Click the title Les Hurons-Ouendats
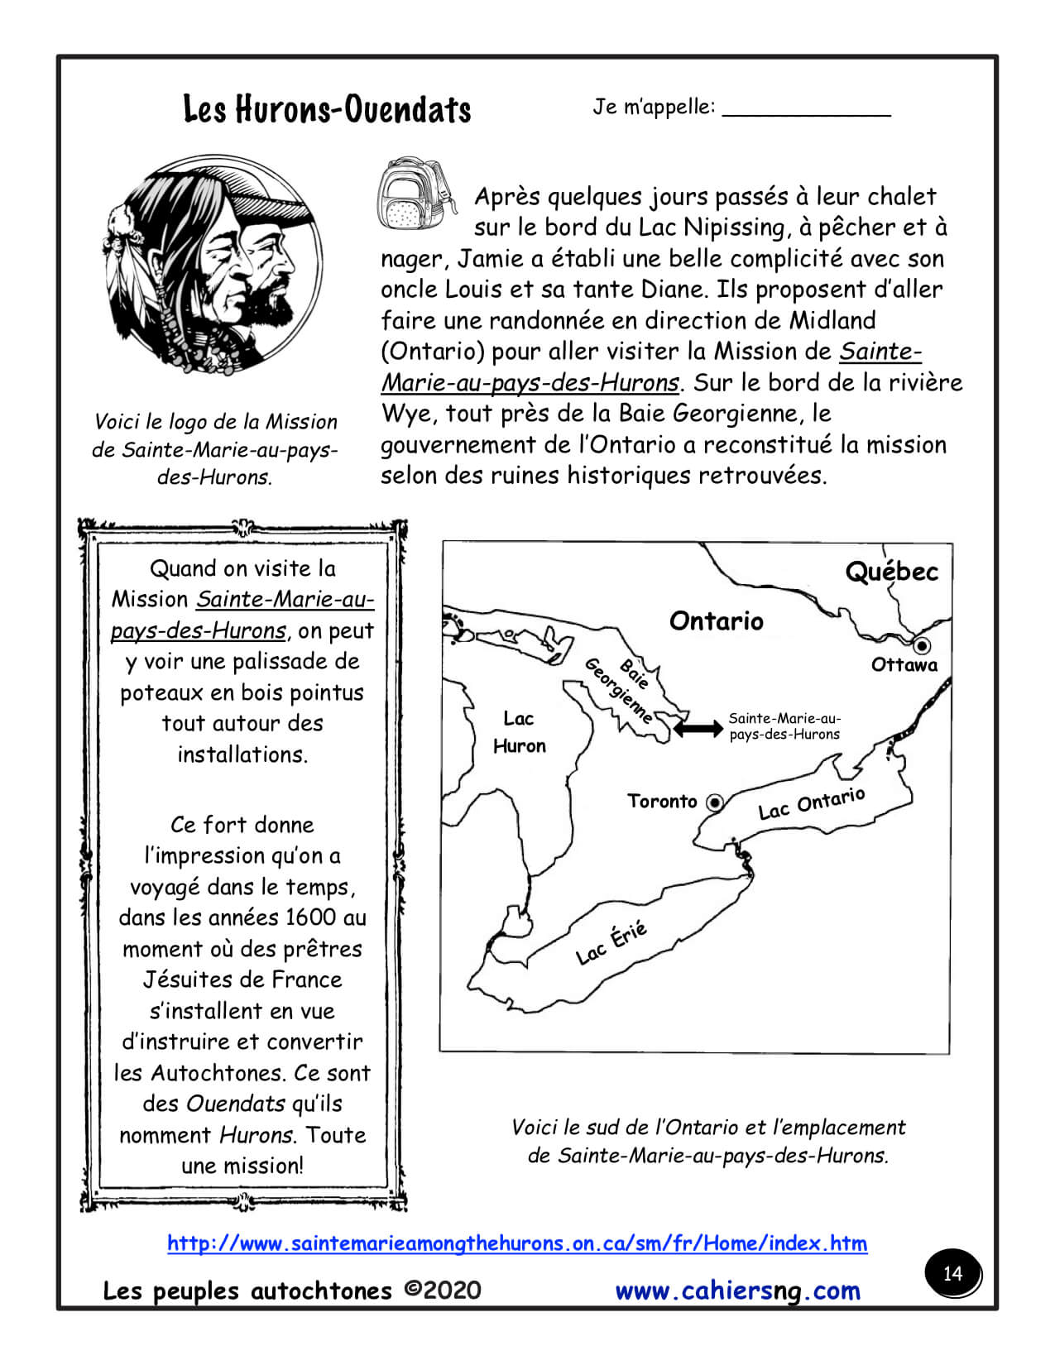pyautogui.click(x=327, y=109)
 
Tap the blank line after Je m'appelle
pyautogui.click(x=806, y=113)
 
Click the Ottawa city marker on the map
pyautogui.click(x=921, y=645)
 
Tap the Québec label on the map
pyautogui.click(x=891, y=572)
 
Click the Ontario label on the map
pyautogui.click(x=716, y=620)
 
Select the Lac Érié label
pyautogui.click(x=611, y=943)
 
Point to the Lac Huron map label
pyautogui.click(x=519, y=732)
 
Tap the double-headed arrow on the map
pyautogui.click(x=698, y=728)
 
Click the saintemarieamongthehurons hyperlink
pyautogui.click(x=517, y=1243)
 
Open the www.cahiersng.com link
pyautogui.click(x=738, y=1291)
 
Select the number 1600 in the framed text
pyautogui.click(x=310, y=917)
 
